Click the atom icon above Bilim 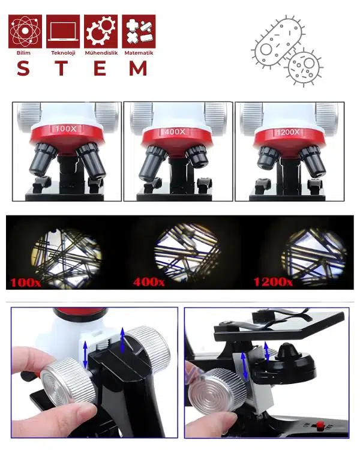(x=25, y=31)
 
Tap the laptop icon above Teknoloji (x=63, y=31)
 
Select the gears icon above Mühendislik (x=101, y=31)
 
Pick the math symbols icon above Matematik (x=139, y=31)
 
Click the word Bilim (x=23, y=53)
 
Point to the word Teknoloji (x=63, y=53)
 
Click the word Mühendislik (x=101, y=53)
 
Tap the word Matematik (x=139, y=53)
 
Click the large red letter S (x=23, y=68)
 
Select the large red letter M (x=139, y=68)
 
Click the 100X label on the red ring (x=66, y=128)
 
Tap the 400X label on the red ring (x=175, y=132)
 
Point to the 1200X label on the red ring (x=288, y=132)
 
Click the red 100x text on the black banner (x=26, y=283)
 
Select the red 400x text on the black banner (x=149, y=282)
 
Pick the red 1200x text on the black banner (x=273, y=282)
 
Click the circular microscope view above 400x (x=187, y=252)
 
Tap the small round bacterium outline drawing (x=304, y=68)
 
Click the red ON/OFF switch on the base (x=319, y=425)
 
